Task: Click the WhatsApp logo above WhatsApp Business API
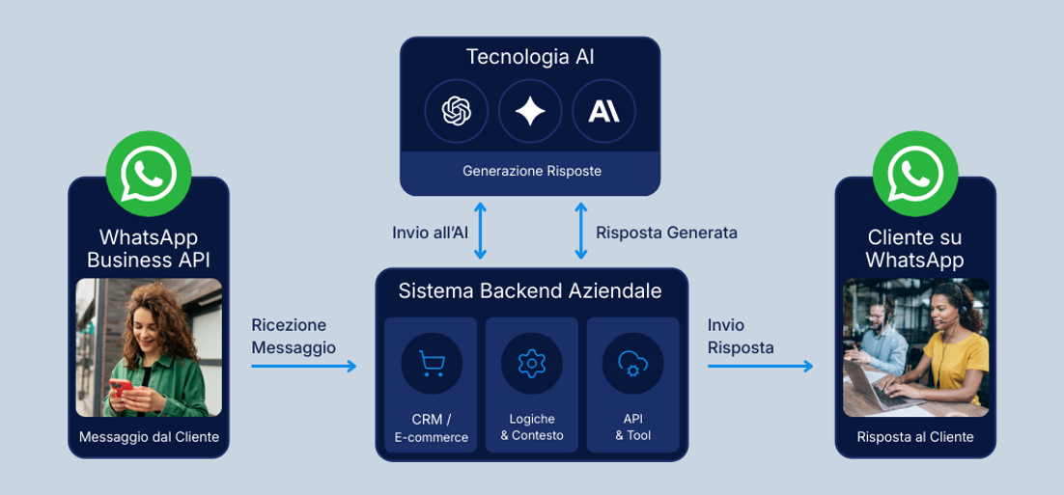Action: [x=149, y=174]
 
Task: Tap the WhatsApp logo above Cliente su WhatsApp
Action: [x=914, y=174]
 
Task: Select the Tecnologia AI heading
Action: [x=530, y=57]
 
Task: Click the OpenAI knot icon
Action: [x=456, y=112]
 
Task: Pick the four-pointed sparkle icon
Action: [x=530, y=112]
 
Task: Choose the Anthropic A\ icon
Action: [x=603, y=112]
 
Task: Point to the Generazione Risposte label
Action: [x=531, y=171]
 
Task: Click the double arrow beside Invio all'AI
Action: [x=480, y=231]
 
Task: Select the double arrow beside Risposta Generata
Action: [x=580, y=231]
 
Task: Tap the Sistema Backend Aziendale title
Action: [x=530, y=290]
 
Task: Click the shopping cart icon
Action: [x=431, y=364]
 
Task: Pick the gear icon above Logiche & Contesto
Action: [x=531, y=364]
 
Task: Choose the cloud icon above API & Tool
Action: [x=632, y=364]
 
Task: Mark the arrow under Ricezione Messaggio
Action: [x=303, y=366]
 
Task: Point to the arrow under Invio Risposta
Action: [x=760, y=366]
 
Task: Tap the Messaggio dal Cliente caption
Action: [x=149, y=437]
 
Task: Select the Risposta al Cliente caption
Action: [x=915, y=437]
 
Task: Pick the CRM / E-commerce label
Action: [x=431, y=427]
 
